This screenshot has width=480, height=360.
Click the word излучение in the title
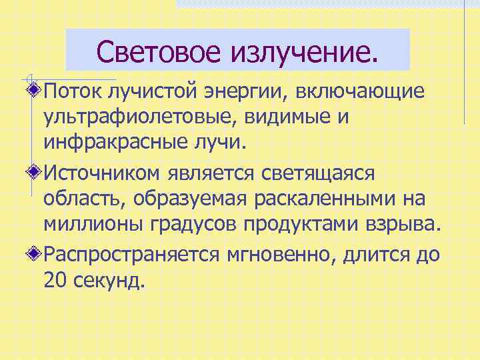304,50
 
